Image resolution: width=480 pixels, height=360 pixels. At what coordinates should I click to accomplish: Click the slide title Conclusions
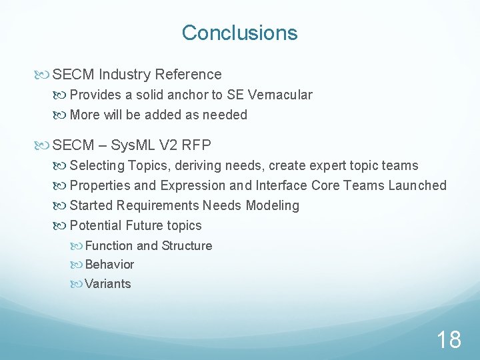click(x=239, y=33)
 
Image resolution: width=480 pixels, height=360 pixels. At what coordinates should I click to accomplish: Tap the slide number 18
click(x=449, y=339)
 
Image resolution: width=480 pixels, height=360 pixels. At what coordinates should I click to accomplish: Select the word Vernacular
click(x=280, y=95)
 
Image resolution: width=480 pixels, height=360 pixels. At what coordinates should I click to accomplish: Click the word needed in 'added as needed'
click(x=225, y=115)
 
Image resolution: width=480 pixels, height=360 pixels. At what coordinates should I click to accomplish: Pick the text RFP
click(x=198, y=145)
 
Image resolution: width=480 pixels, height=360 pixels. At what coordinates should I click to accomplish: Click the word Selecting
click(x=97, y=165)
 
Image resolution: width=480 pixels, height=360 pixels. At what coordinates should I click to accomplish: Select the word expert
click(x=331, y=165)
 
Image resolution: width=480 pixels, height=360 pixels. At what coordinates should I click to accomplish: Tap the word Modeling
click(x=272, y=205)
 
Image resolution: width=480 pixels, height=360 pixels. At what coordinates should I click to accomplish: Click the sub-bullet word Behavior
click(x=109, y=264)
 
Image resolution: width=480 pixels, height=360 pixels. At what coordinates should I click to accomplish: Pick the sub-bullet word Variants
click(x=108, y=283)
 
